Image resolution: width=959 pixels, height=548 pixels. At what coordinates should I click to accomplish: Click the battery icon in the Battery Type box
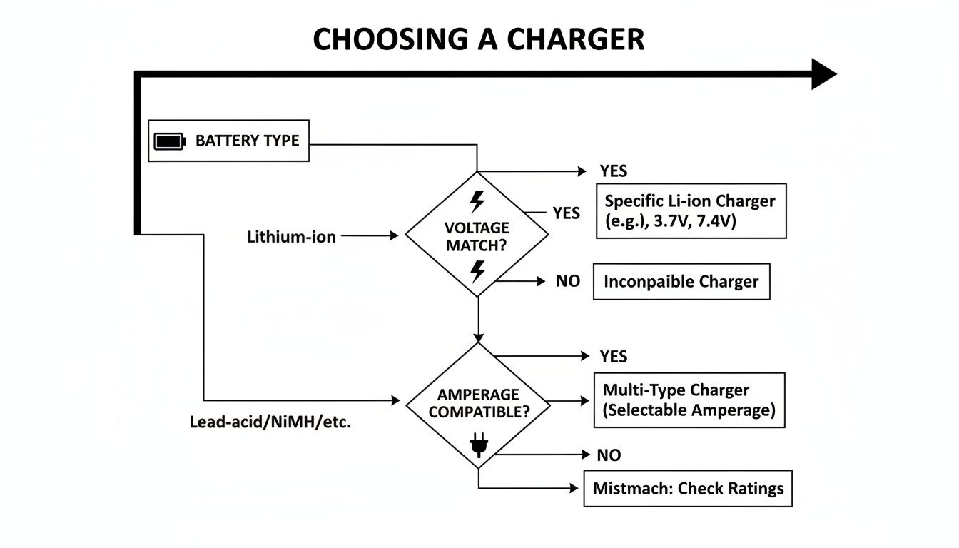click(169, 141)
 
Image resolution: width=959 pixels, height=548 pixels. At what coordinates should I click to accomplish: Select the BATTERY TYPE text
click(247, 141)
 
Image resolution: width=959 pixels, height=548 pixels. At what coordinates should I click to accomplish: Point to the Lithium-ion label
click(291, 236)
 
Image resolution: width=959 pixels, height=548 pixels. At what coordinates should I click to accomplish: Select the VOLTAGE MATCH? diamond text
click(477, 237)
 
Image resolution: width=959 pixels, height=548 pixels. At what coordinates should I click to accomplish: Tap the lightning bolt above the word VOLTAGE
click(477, 201)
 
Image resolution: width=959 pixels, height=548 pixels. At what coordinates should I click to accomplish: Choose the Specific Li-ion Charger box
click(691, 210)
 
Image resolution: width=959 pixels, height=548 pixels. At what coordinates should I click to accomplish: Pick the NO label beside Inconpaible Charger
click(568, 281)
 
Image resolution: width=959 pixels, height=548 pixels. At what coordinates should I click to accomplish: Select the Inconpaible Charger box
click(681, 281)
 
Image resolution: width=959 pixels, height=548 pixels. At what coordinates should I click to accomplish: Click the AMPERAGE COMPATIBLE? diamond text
click(478, 403)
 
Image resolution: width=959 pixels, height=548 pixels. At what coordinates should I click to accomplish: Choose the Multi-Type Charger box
click(689, 400)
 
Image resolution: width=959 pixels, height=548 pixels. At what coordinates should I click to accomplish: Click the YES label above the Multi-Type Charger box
click(613, 356)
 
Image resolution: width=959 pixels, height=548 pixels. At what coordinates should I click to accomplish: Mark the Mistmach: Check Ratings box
click(688, 489)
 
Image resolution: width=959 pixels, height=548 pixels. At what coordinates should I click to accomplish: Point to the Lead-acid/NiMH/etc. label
click(270, 421)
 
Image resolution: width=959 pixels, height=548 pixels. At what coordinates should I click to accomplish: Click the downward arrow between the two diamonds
click(479, 321)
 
